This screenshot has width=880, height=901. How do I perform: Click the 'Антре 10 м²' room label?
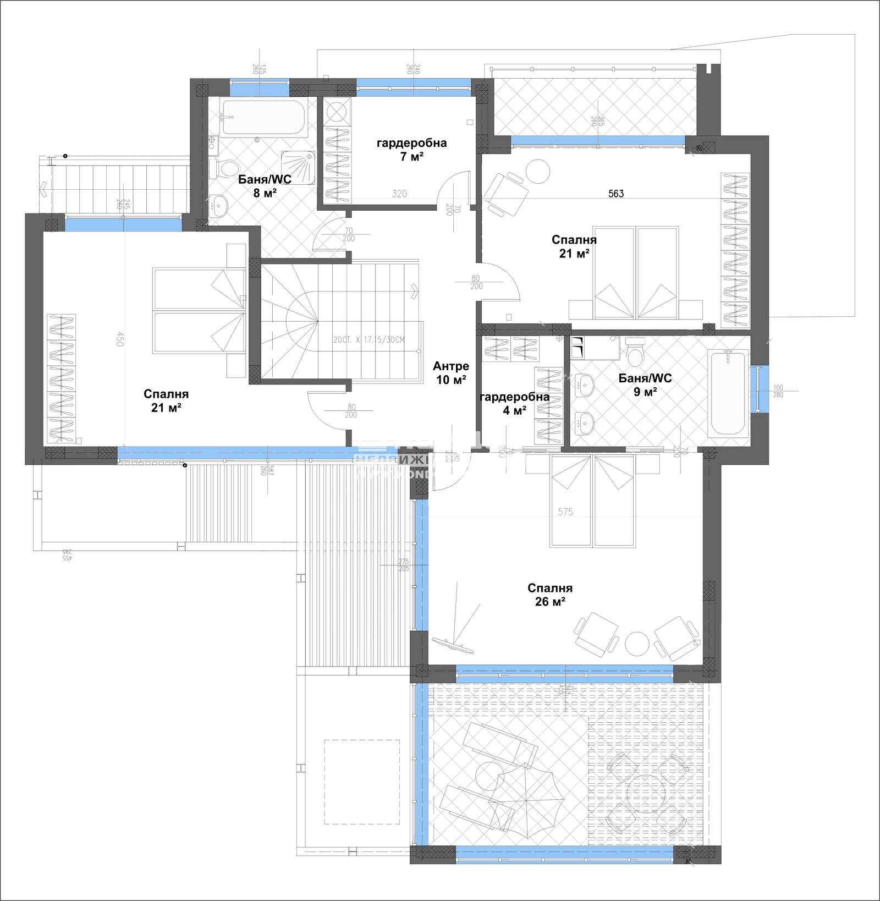pos(450,373)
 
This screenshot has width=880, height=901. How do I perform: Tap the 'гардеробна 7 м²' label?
pos(411,150)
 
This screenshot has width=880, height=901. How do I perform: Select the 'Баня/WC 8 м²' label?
pos(265,186)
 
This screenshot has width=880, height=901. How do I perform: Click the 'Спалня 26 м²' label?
pos(550,595)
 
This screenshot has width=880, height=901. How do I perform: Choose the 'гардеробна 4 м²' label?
pos(514,404)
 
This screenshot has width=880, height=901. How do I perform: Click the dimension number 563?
pos(616,194)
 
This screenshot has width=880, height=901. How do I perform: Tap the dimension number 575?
pos(565,512)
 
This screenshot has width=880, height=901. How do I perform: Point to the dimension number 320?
pos(399,194)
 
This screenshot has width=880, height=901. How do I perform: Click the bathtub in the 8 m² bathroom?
pos(264,117)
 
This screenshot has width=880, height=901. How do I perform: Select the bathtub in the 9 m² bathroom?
pos(727,394)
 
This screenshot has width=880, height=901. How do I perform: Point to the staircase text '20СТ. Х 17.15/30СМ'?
pos(369,339)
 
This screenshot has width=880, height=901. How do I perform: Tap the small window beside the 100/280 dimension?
pos(757,388)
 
